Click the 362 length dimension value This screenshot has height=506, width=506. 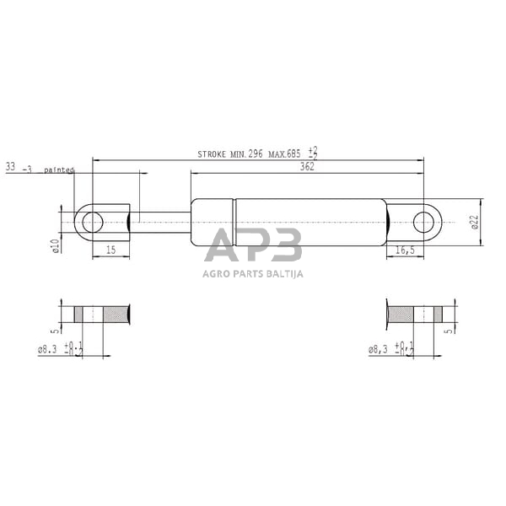pyautogui.click(x=306, y=167)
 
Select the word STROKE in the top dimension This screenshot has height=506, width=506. pyautogui.click(x=212, y=154)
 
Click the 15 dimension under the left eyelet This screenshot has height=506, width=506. pyautogui.click(x=110, y=250)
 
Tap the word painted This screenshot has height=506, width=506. pyautogui.click(x=58, y=170)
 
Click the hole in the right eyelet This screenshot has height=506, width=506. pyautogui.click(x=427, y=223)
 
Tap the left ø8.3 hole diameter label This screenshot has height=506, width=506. pyautogui.click(x=50, y=347)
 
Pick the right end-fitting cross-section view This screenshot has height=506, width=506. pyautogui.click(x=413, y=315)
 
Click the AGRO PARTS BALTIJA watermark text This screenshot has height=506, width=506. pyautogui.click(x=253, y=273)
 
